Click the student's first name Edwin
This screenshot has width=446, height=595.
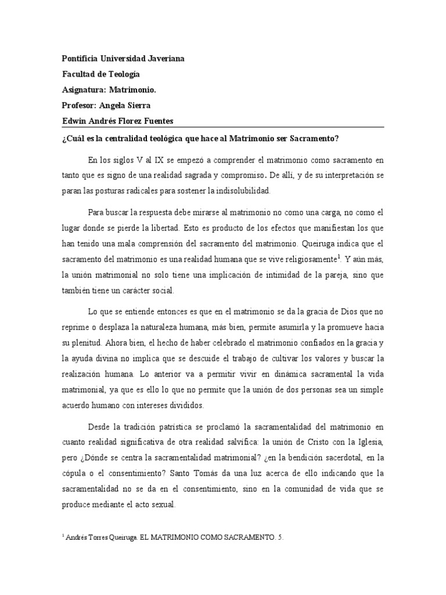click(x=74, y=120)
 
